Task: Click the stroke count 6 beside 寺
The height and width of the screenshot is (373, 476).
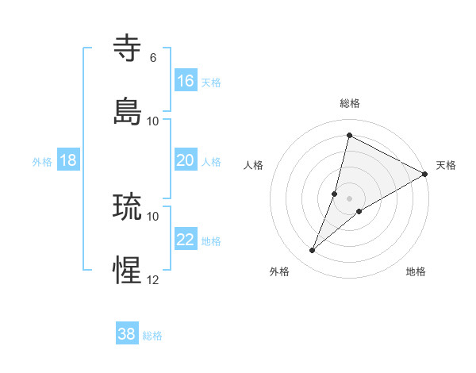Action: pos(153,57)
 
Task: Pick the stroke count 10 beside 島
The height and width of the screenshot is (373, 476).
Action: pos(153,121)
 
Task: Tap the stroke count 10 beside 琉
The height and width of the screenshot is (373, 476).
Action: pos(153,216)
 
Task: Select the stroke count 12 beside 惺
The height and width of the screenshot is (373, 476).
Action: pos(153,279)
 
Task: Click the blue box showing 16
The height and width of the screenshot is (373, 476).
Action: pos(186,80)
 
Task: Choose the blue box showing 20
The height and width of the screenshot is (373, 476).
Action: pos(186,160)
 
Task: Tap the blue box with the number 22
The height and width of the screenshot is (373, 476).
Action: pos(186,239)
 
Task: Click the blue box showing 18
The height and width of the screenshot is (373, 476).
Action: pos(68,160)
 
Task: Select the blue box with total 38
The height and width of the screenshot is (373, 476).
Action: pos(127,334)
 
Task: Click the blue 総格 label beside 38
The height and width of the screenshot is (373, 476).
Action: pos(152,336)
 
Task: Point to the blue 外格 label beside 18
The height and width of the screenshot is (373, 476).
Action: pos(42,161)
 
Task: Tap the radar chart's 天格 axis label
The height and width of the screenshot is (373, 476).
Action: pos(446,165)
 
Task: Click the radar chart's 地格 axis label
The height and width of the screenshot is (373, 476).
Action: pos(416,271)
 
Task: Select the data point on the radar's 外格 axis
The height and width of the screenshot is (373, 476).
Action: pos(313,251)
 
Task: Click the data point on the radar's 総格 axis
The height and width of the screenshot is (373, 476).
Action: pos(349,136)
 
